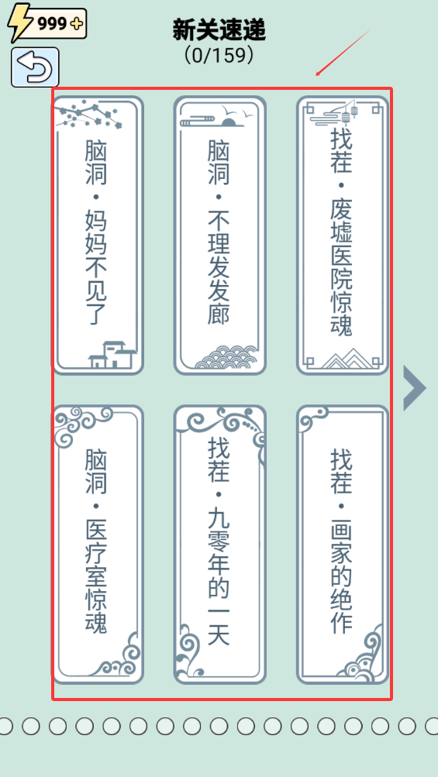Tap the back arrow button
point(35,67)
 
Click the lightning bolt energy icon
point(19,22)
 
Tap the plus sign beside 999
point(77,23)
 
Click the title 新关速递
point(219,29)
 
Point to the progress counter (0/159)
point(219,55)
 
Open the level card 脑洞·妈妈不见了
point(98,235)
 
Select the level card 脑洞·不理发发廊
point(219,235)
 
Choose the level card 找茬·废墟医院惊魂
point(343,235)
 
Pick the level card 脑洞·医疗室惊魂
point(98,545)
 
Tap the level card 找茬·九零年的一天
point(219,545)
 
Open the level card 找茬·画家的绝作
point(343,545)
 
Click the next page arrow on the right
point(414,388)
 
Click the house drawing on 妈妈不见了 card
point(112,355)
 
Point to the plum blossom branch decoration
point(88,114)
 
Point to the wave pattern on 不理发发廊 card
point(226,357)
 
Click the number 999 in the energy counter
point(52,23)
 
